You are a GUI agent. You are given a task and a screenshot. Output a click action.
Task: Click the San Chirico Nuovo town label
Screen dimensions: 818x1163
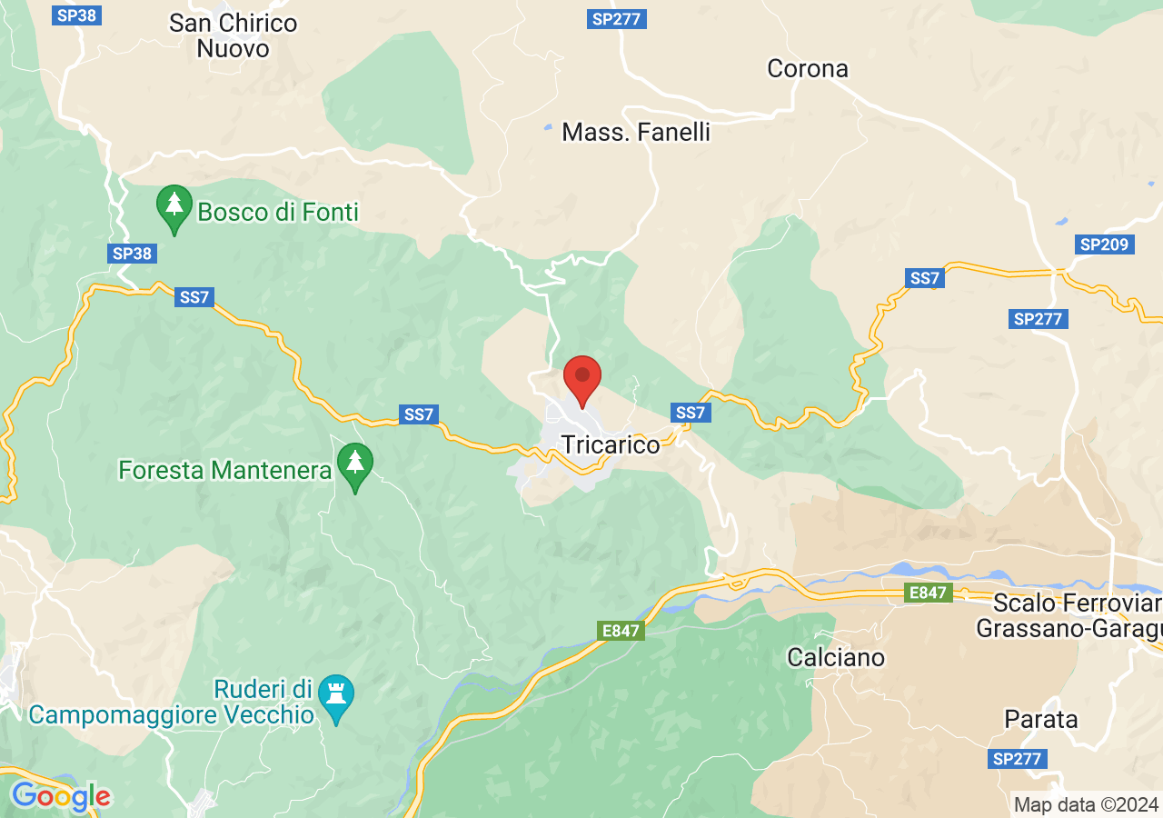pos(234,35)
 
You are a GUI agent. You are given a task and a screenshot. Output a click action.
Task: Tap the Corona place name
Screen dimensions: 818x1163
pos(808,68)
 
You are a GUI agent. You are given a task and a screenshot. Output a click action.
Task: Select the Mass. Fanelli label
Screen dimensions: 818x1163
pos(636,132)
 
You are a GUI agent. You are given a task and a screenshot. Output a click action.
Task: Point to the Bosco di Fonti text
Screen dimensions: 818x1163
pos(278,213)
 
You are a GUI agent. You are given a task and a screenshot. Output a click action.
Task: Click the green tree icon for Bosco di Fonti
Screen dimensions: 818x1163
pos(174,207)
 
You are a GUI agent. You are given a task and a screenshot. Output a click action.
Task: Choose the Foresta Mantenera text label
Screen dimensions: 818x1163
pos(224,470)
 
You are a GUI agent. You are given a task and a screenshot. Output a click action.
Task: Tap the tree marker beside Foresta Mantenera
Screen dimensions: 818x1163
pos(354,464)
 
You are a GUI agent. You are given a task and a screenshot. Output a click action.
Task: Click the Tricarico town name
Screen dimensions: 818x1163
pos(611,444)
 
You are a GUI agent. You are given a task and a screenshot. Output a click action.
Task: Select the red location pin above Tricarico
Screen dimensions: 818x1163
pos(582,380)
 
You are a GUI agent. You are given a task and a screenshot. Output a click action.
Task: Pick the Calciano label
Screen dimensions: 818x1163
pos(836,656)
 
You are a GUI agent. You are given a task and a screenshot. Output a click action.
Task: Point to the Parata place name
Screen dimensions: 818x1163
pos(1041,719)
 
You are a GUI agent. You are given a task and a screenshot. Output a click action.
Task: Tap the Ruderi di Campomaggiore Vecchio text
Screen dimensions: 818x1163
pos(172,701)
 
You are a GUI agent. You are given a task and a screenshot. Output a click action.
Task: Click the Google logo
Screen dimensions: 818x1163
pos(61,797)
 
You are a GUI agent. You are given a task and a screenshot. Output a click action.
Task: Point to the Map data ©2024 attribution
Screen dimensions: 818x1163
pos(1086,803)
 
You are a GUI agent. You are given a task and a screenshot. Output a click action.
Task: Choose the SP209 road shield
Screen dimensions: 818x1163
pos(1103,244)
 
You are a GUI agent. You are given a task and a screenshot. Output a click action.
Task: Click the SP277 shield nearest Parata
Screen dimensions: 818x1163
pos(1018,759)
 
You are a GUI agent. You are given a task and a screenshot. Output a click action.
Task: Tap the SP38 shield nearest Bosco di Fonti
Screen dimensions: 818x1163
pos(132,254)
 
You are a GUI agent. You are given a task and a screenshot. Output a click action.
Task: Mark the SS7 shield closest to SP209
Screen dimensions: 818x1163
pos(924,278)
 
